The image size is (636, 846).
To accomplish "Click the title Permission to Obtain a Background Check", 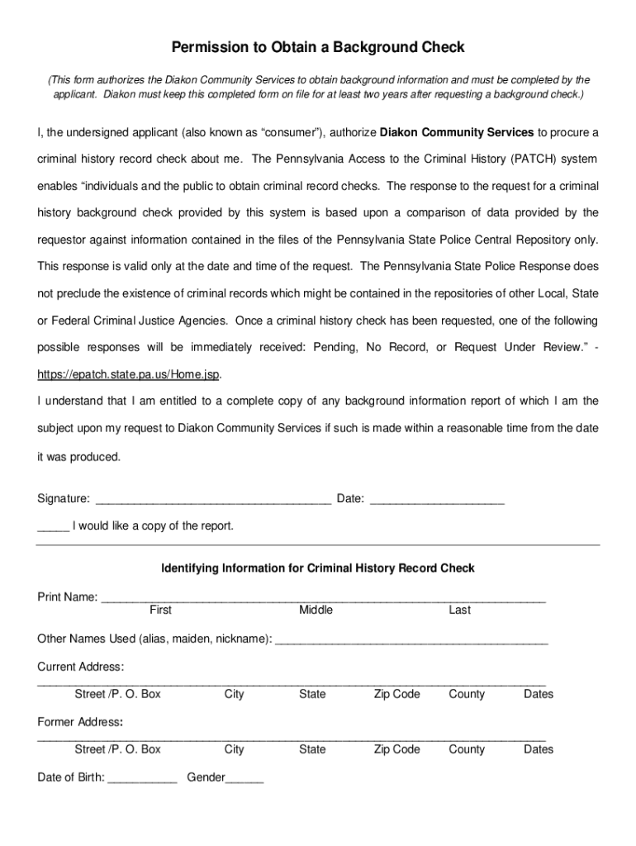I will coord(318,48).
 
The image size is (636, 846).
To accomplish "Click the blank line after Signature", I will coord(214,499).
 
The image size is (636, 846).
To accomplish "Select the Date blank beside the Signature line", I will coord(436,499).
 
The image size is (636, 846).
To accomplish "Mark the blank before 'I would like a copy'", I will coord(53,526).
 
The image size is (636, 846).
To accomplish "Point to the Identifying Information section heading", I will coord(318,568).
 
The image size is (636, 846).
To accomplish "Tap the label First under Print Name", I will coord(160,610).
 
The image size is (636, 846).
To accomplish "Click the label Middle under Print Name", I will coord(316,610).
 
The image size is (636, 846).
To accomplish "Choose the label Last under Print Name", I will coord(459,610).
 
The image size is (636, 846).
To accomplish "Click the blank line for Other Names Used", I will coord(411,639).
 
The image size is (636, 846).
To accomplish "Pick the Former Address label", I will coord(80,722).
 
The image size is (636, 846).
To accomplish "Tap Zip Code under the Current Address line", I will coord(396,694).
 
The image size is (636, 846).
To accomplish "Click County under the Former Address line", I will coord(467,749).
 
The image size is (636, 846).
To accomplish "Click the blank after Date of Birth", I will coord(142,778).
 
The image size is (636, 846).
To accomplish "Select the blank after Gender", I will coord(244,778).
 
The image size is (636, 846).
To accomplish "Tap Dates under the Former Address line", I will coord(538,749).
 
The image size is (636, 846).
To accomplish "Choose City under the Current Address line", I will coord(234,694).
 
